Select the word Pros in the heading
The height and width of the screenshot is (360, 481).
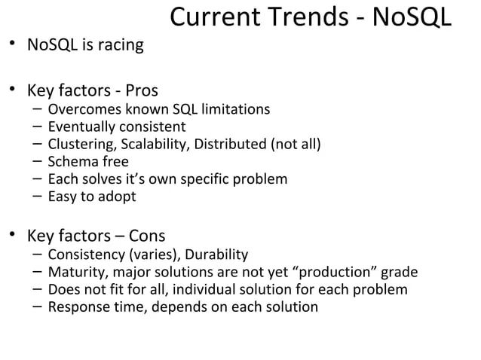coord(135,92)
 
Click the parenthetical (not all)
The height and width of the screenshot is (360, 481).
coord(296,144)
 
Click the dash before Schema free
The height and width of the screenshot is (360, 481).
coord(37,161)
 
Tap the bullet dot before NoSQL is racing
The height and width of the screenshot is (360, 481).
coord(14,46)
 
